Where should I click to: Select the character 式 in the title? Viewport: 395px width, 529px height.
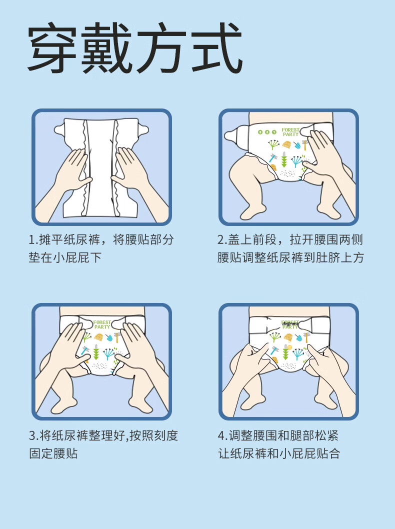(x=217, y=47)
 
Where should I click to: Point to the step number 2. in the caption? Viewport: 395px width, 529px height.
(x=222, y=240)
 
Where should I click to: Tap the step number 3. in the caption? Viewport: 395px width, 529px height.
(x=33, y=435)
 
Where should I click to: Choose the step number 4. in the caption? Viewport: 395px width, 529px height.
(x=222, y=435)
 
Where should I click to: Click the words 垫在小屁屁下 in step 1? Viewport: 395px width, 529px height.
(x=65, y=258)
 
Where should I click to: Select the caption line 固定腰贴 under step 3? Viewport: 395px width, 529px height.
(x=53, y=453)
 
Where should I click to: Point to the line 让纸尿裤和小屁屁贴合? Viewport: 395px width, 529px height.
(x=279, y=453)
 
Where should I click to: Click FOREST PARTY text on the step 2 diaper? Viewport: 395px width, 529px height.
(x=290, y=132)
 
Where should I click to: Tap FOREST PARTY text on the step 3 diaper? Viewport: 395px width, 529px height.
(x=102, y=324)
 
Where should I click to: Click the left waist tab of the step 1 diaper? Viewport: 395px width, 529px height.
(x=60, y=129)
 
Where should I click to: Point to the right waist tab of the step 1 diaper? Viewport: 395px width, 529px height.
(x=142, y=129)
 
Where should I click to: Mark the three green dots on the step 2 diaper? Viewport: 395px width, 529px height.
(x=267, y=132)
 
